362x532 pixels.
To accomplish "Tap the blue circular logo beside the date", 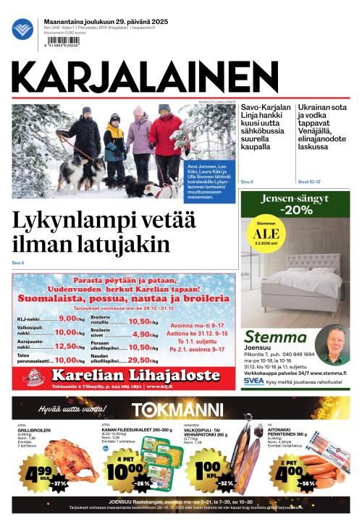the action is coord(22,29).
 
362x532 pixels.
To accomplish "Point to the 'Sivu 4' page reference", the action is coord(18,262).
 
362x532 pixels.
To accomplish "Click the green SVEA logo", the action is coord(253,381).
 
